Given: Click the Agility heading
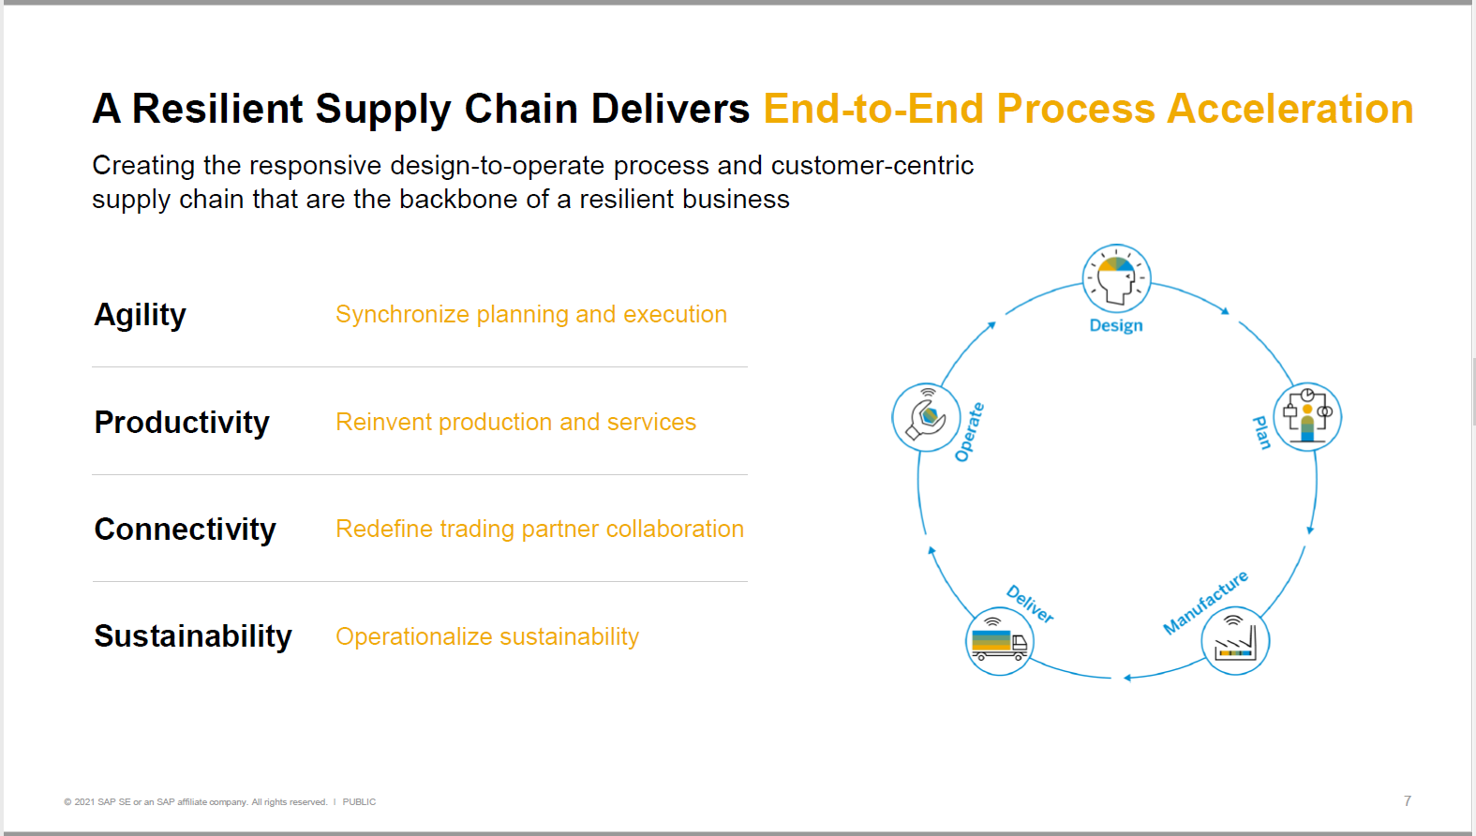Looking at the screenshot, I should click(140, 316).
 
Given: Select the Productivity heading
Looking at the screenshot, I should click(182, 423).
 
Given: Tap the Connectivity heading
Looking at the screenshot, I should click(185, 530).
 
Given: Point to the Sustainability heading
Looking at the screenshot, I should click(192, 636).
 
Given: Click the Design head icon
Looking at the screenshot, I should click(1116, 278).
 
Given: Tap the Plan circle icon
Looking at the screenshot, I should click(1307, 417).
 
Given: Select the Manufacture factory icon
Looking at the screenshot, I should click(1234, 641).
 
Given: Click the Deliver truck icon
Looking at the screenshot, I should click(999, 641).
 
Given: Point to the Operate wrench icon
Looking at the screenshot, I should click(926, 417).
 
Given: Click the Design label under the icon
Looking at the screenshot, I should click(1115, 326).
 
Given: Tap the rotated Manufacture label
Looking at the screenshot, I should click(1205, 603).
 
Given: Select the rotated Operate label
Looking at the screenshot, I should click(969, 432).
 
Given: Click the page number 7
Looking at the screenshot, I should click(1407, 800).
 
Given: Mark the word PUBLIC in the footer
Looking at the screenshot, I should click(359, 802).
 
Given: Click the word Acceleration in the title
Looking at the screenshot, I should click(1290, 109).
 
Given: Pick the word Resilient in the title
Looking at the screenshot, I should click(217, 109).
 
